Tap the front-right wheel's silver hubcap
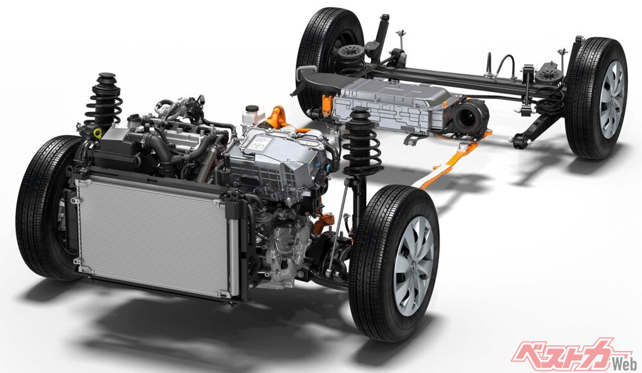[413, 266]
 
